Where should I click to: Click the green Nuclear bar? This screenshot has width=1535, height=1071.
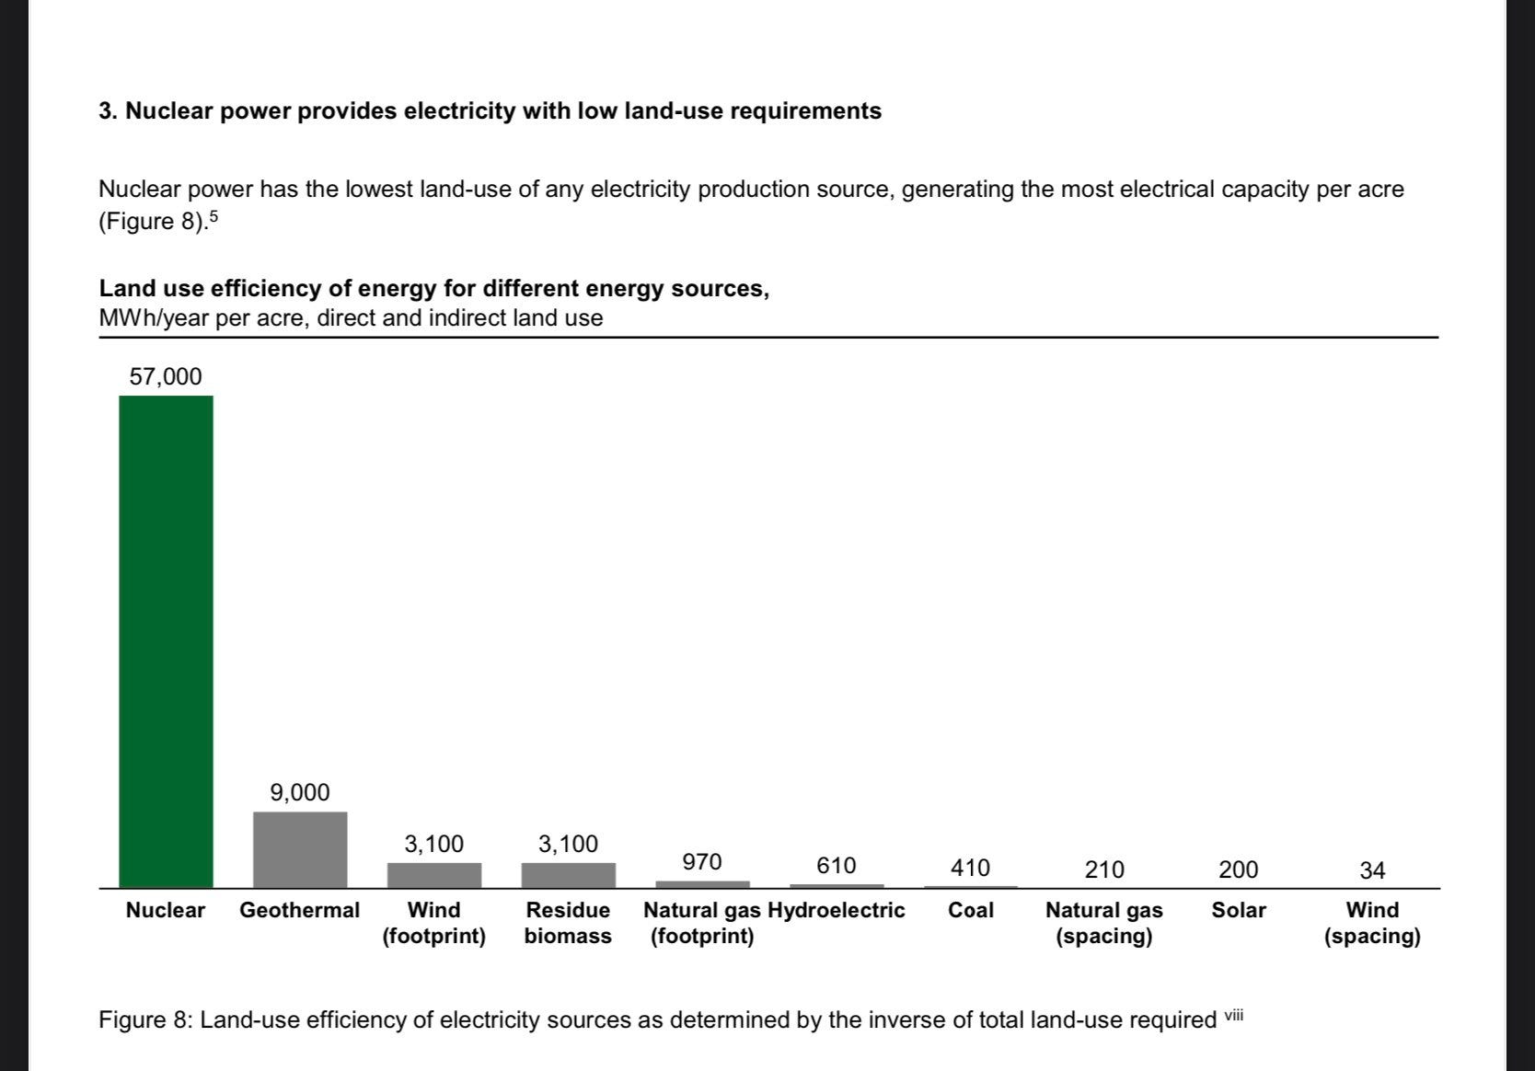click(166, 641)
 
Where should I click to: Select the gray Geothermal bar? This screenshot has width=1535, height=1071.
click(300, 849)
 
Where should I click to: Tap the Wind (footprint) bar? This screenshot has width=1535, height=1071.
click(434, 875)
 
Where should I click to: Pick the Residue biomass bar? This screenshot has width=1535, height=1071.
click(568, 875)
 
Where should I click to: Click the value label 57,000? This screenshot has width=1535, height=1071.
click(166, 376)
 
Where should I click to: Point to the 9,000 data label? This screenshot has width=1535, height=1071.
click(300, 792)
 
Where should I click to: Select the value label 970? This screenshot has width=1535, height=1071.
click(702, 862)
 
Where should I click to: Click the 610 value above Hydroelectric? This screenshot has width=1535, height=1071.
click(836, 866)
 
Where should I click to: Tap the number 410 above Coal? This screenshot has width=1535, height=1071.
click(970, 868)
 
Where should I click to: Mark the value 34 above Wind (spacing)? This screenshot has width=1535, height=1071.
click(1372, 869)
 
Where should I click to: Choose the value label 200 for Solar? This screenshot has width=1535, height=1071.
click(1238, 869)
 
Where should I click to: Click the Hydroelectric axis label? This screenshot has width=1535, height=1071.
click(837, 910)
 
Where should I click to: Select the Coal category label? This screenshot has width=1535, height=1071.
click(970, 910)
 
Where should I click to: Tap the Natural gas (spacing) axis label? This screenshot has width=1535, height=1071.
click(1103, 923)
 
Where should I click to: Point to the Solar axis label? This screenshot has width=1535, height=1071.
click(1238, 910)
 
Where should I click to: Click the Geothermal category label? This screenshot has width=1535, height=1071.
click(299, 910)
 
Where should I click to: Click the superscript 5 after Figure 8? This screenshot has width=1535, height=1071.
click(214, 217)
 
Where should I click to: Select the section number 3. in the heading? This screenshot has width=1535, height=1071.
click(109, 111)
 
